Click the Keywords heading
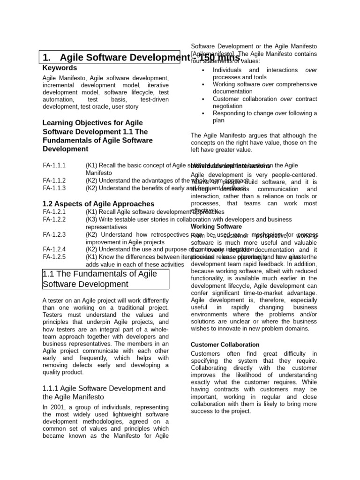[60, 68]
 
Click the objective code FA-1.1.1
[54, 165]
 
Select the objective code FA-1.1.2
[54, 180]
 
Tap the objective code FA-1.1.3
[54, 188]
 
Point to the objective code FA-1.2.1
[54, 212]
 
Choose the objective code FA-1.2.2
[54, 219]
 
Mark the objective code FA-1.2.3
[54, 234]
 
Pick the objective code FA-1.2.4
[54, 249]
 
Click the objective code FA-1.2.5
[54, 257]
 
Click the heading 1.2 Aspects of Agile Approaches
[98, 204]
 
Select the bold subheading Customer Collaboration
[225, 345]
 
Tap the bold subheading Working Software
[216, 226]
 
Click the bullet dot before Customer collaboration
[203, 99]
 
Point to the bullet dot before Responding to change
[203, 113]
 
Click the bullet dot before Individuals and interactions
[203, 70]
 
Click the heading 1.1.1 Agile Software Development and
[104, 389]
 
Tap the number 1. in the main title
[46, 58]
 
